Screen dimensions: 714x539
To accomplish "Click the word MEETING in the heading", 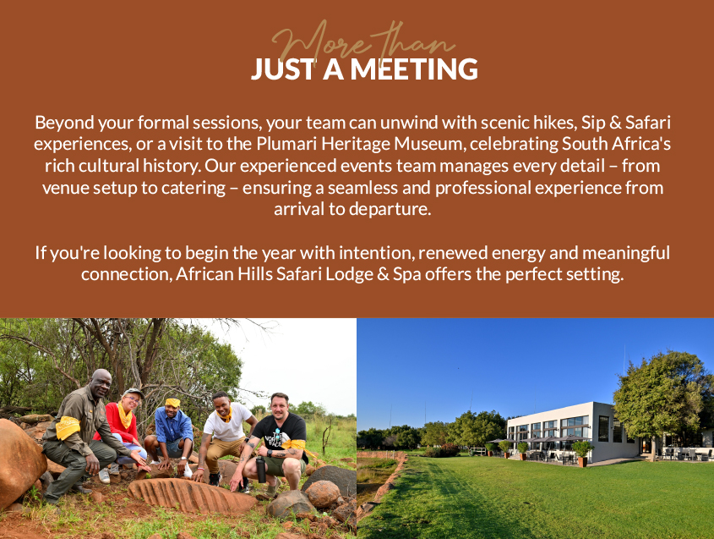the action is [414, 69].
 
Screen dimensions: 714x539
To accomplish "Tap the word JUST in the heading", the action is [283, 69].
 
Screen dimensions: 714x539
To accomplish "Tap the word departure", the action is [390, 209].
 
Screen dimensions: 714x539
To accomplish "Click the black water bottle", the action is [261, 470].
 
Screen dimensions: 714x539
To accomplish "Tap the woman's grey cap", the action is [133, 393].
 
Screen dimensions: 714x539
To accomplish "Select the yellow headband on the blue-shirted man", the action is [172, 403].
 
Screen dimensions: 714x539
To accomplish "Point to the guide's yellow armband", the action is [68, 427].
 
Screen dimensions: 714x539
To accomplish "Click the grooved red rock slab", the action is [192, 496].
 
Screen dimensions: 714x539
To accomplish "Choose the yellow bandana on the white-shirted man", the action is [225, 415].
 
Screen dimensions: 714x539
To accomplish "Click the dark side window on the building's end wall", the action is [604, 429].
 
